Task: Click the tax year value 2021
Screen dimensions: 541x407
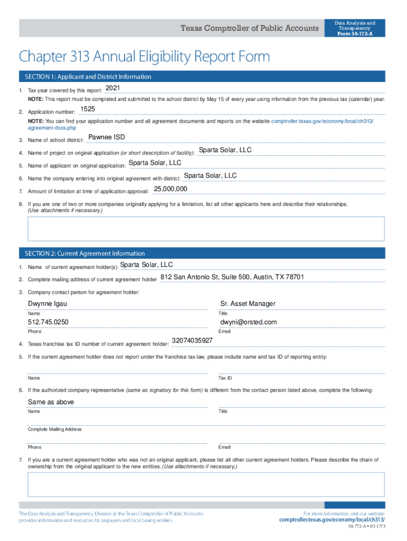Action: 113,87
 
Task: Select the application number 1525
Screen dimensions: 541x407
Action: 87,109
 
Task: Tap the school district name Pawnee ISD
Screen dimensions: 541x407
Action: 106,137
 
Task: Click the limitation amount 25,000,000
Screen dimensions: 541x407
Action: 170,189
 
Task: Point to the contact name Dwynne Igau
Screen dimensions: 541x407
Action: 48,304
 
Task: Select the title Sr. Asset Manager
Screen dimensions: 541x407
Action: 248,304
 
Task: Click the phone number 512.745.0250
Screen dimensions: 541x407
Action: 48,322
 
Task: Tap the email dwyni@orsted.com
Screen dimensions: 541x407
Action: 248,322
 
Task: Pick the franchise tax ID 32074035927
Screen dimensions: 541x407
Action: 192,341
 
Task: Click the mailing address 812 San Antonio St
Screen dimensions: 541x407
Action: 232,277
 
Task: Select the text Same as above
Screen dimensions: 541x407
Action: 51,402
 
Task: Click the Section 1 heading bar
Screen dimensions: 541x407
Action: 201,77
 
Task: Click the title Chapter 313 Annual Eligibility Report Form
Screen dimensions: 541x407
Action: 144,56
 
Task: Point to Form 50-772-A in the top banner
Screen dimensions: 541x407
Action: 355,34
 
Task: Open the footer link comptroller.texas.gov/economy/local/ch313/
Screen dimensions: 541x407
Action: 332,520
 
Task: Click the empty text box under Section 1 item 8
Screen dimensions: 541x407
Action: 206,228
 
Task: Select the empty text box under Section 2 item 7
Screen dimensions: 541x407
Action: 206,484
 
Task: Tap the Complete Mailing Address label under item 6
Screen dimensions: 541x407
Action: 55,430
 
